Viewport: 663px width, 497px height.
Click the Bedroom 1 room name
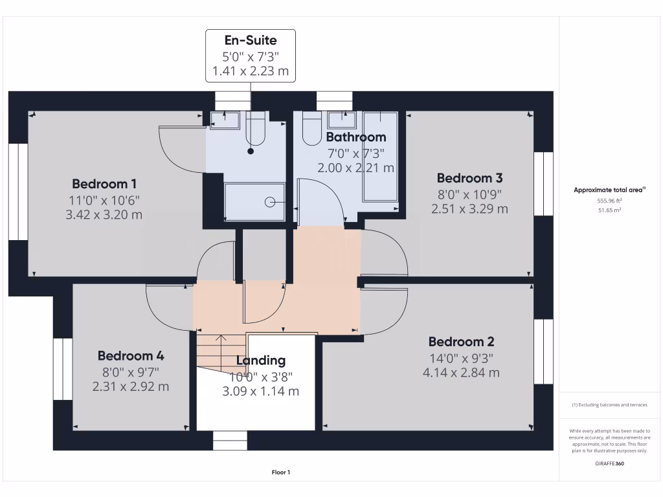[104, 184]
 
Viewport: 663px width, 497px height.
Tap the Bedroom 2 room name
[461, 342]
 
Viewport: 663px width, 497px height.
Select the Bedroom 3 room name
[469, 178]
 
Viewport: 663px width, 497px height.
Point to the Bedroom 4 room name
[131, 356]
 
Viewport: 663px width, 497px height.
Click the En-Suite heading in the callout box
[251, 41]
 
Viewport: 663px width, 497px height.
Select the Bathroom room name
[355, 137]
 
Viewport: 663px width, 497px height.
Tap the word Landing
[260, 360]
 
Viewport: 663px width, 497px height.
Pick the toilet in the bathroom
[311, 129]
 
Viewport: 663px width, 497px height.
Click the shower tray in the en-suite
[254, 201]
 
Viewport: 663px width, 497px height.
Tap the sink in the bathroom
[341, 120]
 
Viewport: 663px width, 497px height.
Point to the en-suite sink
[225, 120]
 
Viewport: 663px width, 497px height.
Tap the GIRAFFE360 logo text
[610, 464]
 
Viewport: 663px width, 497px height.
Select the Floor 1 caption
[281, 472]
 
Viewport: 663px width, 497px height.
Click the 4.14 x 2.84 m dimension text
[461, 373]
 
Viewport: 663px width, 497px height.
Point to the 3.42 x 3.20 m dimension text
[104, 215]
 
